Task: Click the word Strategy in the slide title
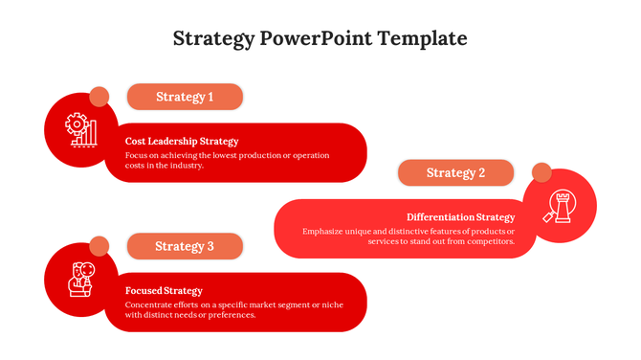tap(213, 39)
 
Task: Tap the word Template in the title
tap(422, 39)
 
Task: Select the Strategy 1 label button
tap(185, 97)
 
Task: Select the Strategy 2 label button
tap(455, 173)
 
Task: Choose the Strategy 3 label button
tap(185, 246)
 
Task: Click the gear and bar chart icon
tap(81, 129)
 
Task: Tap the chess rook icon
tap(560, 206)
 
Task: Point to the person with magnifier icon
tap(81, 279)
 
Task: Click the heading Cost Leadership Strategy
tap(182, 141)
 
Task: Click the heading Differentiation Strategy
tap(460, 217)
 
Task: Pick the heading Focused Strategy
tap(164, 290)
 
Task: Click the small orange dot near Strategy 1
tap(99, 97)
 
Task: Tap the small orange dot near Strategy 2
tap(542, 172)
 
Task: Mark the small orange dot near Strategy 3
tap(99, 246)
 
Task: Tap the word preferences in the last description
tap(231, 315)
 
